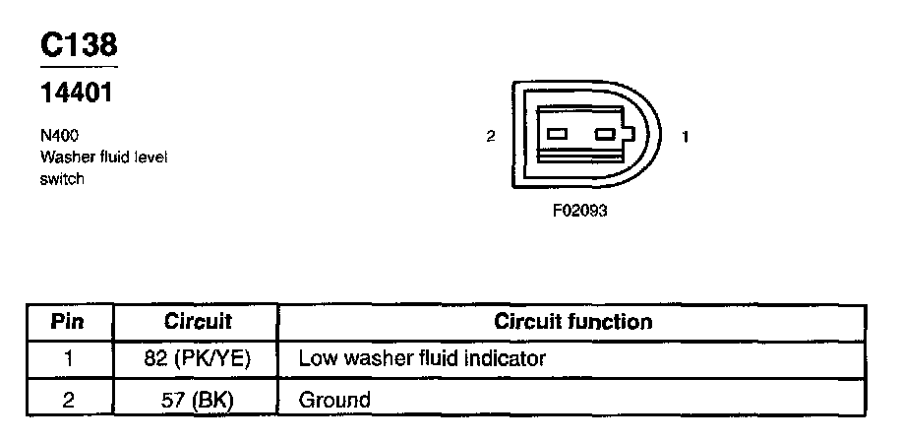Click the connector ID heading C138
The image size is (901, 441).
[79, 45]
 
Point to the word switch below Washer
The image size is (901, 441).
[61, 179]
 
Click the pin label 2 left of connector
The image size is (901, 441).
[490, 137]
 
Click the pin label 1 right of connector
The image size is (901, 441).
[686, 137]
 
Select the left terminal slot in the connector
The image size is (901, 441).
[557, 134]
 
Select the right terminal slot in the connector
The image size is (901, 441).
[605, 134]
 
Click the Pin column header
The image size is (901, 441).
[68, 322]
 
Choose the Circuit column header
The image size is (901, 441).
[198, 322]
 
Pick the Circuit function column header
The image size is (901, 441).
[572, 322]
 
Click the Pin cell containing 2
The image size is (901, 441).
[68, 400]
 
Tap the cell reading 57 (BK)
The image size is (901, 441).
[198, 400]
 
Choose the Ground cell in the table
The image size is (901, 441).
[334, 400]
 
